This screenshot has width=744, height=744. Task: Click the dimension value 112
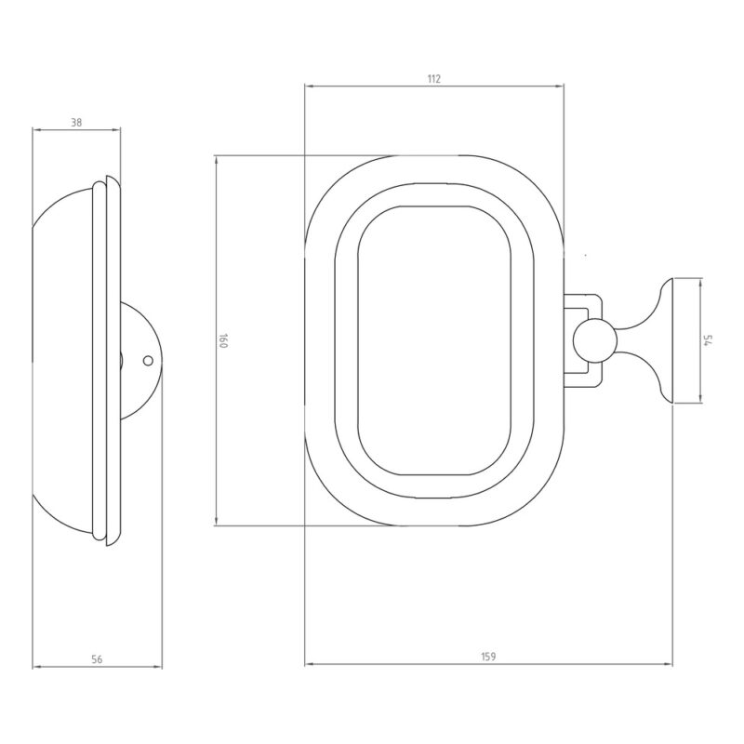click(433, 79)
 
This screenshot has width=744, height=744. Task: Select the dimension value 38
click(76, 123)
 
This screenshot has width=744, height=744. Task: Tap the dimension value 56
click(97, 659)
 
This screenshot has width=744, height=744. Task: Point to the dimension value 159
click(488, 657)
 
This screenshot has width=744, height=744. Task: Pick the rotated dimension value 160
click(223, 340)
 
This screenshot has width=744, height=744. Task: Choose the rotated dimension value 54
click(708, 340)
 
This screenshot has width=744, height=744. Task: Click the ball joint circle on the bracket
click(594, 341)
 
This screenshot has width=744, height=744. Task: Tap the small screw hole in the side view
click(148, 361)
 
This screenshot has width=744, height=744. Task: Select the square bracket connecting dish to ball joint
click(583, 341)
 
